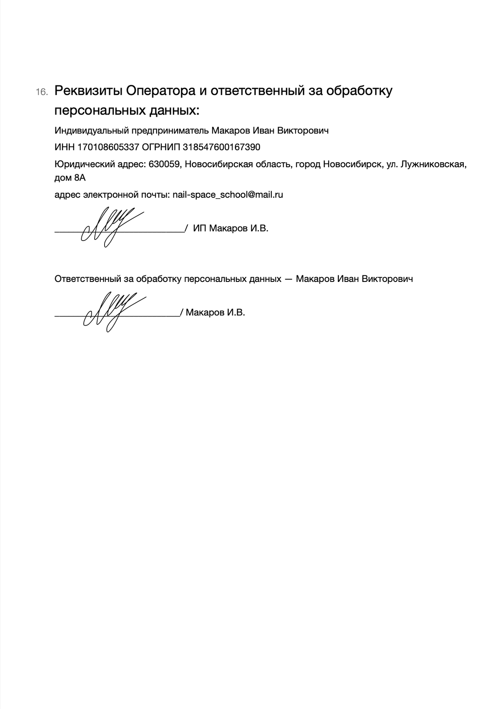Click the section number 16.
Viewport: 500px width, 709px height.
pos(42,92)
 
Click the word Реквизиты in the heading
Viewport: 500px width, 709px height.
pos(88,91)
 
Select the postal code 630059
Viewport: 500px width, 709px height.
pos(164,164)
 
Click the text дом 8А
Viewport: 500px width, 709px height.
pos(70,178)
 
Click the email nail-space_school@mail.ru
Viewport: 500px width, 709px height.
pos(228,195)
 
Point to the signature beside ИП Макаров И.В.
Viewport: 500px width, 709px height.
pos(109,226)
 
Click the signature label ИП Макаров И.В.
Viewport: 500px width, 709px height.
pos(231,229)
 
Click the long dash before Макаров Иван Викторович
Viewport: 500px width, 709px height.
pos(288,279)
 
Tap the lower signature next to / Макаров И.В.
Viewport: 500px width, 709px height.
pos(111,311)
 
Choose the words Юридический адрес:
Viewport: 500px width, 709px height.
pos(100,164)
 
